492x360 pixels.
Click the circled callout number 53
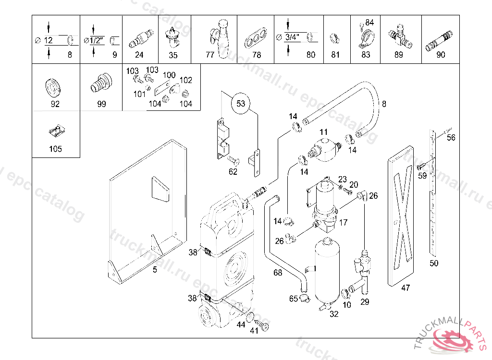click(x=241, y=103)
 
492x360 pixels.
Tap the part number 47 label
click(x=406, y=288)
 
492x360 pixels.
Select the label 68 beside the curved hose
click(x=278, y=273)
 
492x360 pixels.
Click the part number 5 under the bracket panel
click(x=155, y=270)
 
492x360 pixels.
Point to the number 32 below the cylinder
click(x=334, y=314)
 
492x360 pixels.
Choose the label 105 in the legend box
click(x=55, y=149)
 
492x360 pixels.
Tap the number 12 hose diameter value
click(x=49, y=40)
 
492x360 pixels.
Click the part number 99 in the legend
click(x=101, y=104)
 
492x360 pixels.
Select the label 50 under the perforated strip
click(x=434, y=263)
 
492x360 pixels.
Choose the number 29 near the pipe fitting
click(x=365, y=301)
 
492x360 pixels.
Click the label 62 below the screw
click(x=233, y=172)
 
